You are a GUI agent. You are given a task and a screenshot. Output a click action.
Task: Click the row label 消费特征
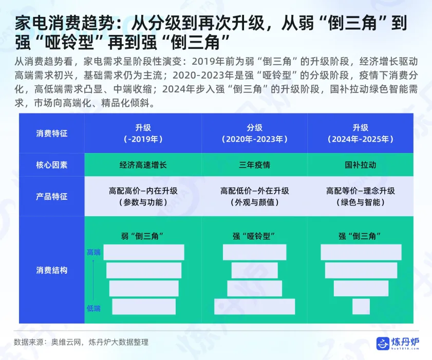[52, 134]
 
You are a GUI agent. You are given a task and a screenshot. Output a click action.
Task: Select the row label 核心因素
[52, 165]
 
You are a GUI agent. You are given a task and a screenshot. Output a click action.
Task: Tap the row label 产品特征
[52, 197]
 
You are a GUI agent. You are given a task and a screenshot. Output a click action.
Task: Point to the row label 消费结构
[52, 270]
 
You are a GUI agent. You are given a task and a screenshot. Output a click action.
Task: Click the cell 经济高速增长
[143, 165]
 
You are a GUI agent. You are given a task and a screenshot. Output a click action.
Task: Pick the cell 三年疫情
[254, 165]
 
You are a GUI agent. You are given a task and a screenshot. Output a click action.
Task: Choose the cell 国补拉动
[360, 165]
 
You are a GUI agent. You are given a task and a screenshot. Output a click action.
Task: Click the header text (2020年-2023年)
[254, 139]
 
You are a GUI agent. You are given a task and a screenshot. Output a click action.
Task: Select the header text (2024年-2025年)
[360, 139]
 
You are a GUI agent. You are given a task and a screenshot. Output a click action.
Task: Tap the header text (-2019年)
[143, 139]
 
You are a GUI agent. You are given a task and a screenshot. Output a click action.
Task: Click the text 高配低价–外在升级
[254, 191]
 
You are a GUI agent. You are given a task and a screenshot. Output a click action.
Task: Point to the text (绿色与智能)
[360, 202]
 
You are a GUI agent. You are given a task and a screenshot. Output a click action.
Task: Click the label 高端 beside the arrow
[93, 252]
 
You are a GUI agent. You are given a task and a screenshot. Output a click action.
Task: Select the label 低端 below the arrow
[93, 308]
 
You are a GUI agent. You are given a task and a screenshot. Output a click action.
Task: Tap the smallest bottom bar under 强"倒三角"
[361, 307]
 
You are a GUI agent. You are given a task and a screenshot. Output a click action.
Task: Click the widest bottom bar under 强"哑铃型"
[254, 307]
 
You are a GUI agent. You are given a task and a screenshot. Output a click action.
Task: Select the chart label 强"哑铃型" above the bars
[254, 236]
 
